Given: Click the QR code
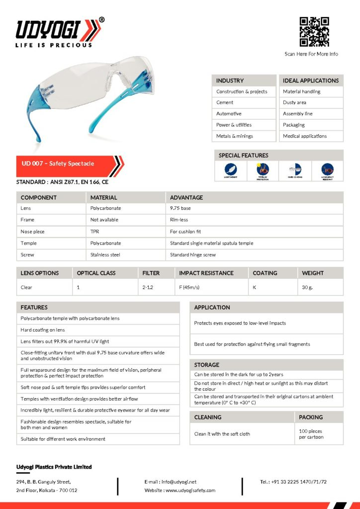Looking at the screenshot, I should pyautogui.click(x=314, y=32).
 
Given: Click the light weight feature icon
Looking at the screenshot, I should pyautogui.click(x=231, y=170).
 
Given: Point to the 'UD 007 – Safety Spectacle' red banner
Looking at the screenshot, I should pyautogui.click(x=70, y=164).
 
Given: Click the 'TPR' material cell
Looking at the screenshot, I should pyautogui.click(x=95, y=232).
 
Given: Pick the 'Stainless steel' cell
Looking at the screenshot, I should pyautogui.click(x=105, y=255).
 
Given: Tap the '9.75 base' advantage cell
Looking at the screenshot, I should pyautogui.click(x=180, y=208).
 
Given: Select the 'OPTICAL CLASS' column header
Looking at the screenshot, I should pyautogui.click(x=96, y=273).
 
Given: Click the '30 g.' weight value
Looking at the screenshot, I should pyautogui.click(x=308, y=287).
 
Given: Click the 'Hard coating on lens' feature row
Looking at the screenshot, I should pyautogui.click(x=43, y=330).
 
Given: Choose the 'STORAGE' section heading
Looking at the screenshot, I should pyautogui.click(x=207, y=365).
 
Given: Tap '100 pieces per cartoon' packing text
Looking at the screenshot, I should pyautogui.click(x=311, y=434).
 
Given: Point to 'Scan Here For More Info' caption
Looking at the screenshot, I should pyautogui.click(x=311, y=54).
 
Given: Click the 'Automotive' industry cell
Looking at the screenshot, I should pyautogui.click(x=229, y=114).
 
